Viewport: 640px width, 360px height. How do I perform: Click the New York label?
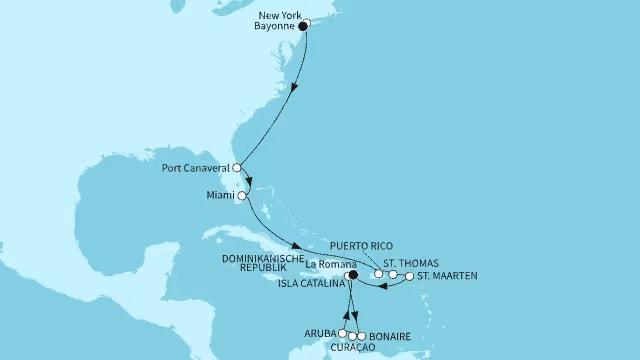[x=279, y=15]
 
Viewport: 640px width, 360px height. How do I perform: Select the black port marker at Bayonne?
[x=304, y=28]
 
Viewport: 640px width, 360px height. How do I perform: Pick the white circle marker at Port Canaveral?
[x=238, y=168]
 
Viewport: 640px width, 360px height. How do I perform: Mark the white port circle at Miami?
[x=242, y=196]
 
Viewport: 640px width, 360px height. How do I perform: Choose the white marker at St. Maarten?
[x=409, y=276]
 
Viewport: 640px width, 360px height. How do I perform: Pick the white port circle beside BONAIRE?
[x=360, y=336]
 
